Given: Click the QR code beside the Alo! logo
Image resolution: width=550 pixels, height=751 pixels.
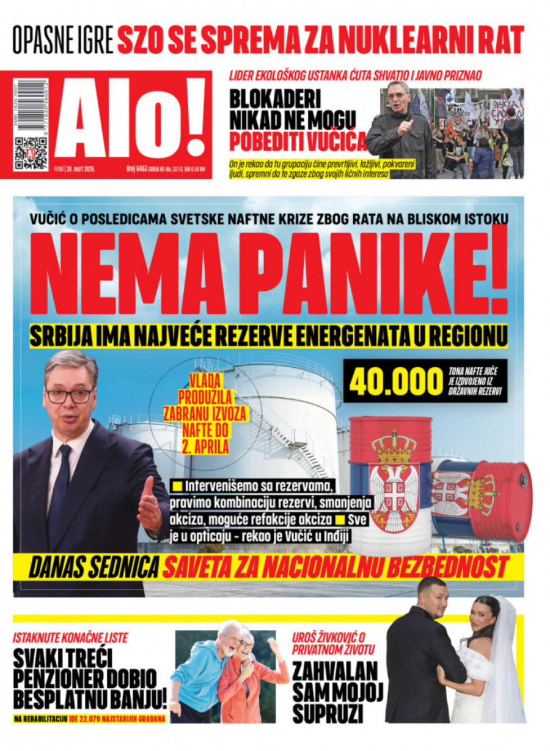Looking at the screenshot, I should tap(30, 153).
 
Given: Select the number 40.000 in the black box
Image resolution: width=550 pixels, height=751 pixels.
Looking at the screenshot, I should tap(395, 381).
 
